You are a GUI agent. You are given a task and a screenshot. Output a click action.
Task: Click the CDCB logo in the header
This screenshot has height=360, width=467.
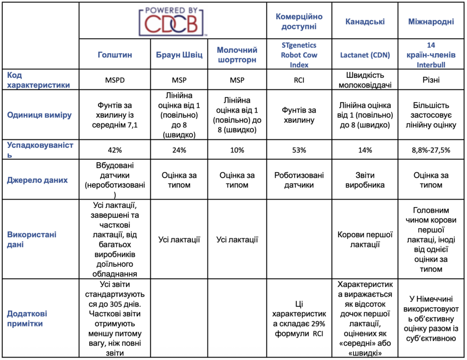point(173,20)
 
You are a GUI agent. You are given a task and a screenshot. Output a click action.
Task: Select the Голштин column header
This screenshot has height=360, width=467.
point(114,55)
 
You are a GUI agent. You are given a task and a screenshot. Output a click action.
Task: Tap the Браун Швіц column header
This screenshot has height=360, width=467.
point(179,55)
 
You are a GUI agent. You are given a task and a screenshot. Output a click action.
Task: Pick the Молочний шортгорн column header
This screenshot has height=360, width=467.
point(237,55)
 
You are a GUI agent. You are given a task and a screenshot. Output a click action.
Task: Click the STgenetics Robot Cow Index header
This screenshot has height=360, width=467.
point(299,55)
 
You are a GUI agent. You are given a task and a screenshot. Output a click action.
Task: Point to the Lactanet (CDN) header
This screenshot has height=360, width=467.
point(365,55)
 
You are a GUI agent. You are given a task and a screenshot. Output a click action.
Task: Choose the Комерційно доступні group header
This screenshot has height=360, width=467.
point(299,21)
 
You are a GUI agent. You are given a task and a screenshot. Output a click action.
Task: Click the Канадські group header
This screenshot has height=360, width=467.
point(365,21)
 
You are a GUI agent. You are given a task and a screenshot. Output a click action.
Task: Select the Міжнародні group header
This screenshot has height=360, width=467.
point(431,21)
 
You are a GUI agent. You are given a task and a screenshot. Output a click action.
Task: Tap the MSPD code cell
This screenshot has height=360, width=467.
point(114,80)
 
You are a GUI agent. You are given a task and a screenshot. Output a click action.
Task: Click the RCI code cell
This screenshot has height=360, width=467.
point(299,80)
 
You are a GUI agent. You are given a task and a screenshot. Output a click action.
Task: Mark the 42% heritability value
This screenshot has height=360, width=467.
point(114,150)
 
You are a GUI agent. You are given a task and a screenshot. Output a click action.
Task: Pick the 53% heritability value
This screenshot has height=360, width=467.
point(299,150)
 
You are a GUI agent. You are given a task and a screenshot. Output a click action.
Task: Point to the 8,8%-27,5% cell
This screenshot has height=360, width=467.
point(431,150)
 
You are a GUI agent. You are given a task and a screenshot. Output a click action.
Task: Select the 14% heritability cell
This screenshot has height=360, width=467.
point(365,150)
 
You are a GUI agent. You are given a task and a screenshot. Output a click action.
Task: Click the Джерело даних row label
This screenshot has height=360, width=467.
point(37,180)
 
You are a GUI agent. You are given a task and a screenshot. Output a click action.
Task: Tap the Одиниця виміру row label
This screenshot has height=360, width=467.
point(39,115)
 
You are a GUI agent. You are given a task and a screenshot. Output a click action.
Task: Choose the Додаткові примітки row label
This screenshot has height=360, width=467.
point(27,319)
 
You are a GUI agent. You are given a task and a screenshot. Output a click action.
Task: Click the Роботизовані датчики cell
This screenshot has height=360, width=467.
point(299,180)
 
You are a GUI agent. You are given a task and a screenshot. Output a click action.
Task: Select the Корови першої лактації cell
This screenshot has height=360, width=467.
point(365,240)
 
